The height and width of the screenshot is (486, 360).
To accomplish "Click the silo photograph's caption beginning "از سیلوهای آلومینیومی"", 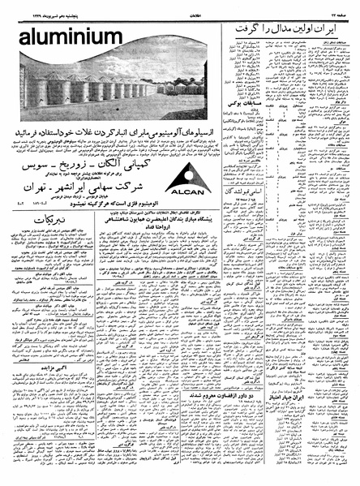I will tap(109, 130).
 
